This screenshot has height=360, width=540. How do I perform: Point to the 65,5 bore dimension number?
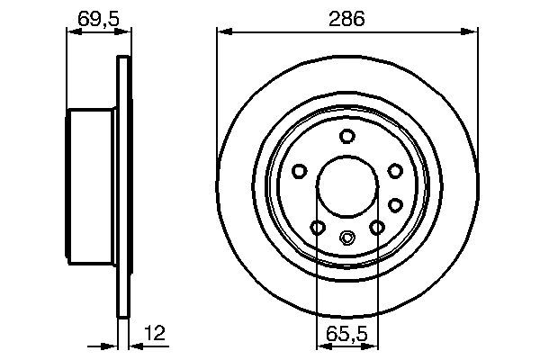(x=347, y=332)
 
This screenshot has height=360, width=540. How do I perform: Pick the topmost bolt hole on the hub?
(x=347, y=135)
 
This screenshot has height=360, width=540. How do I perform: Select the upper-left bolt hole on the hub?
(x=301, y=170)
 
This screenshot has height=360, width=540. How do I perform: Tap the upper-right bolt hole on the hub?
(x=394, y=170)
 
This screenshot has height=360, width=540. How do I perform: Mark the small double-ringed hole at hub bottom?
(x=347, y=238)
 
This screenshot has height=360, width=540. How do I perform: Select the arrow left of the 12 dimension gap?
(x=112, y=344)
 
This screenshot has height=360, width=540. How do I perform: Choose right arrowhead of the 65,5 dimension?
(x=373, y=344)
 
